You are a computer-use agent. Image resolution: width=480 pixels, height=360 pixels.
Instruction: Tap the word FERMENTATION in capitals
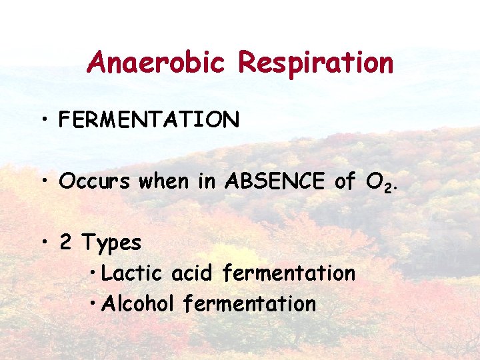pyautogui.click(x=149, y=119)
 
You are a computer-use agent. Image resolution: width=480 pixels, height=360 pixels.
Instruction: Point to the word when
pyautogui.click(x=164, y=181)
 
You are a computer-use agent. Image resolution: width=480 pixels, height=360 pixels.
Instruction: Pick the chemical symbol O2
pyautogui.click(x=379, y=183)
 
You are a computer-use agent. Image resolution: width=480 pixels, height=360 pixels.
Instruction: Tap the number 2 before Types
pyautogui.click(x=66, y=243)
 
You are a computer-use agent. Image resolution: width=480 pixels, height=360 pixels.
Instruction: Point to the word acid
pyautogui.click(x=191, y=273)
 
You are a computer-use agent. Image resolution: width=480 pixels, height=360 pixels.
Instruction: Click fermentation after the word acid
pyautogui.click(x=289, y=273)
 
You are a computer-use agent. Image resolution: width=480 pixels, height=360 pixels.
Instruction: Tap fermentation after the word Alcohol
pyautogui.click(x=249, y=303)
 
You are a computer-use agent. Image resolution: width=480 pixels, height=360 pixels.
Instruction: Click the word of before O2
pyautogui.click(x=344, y=181)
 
